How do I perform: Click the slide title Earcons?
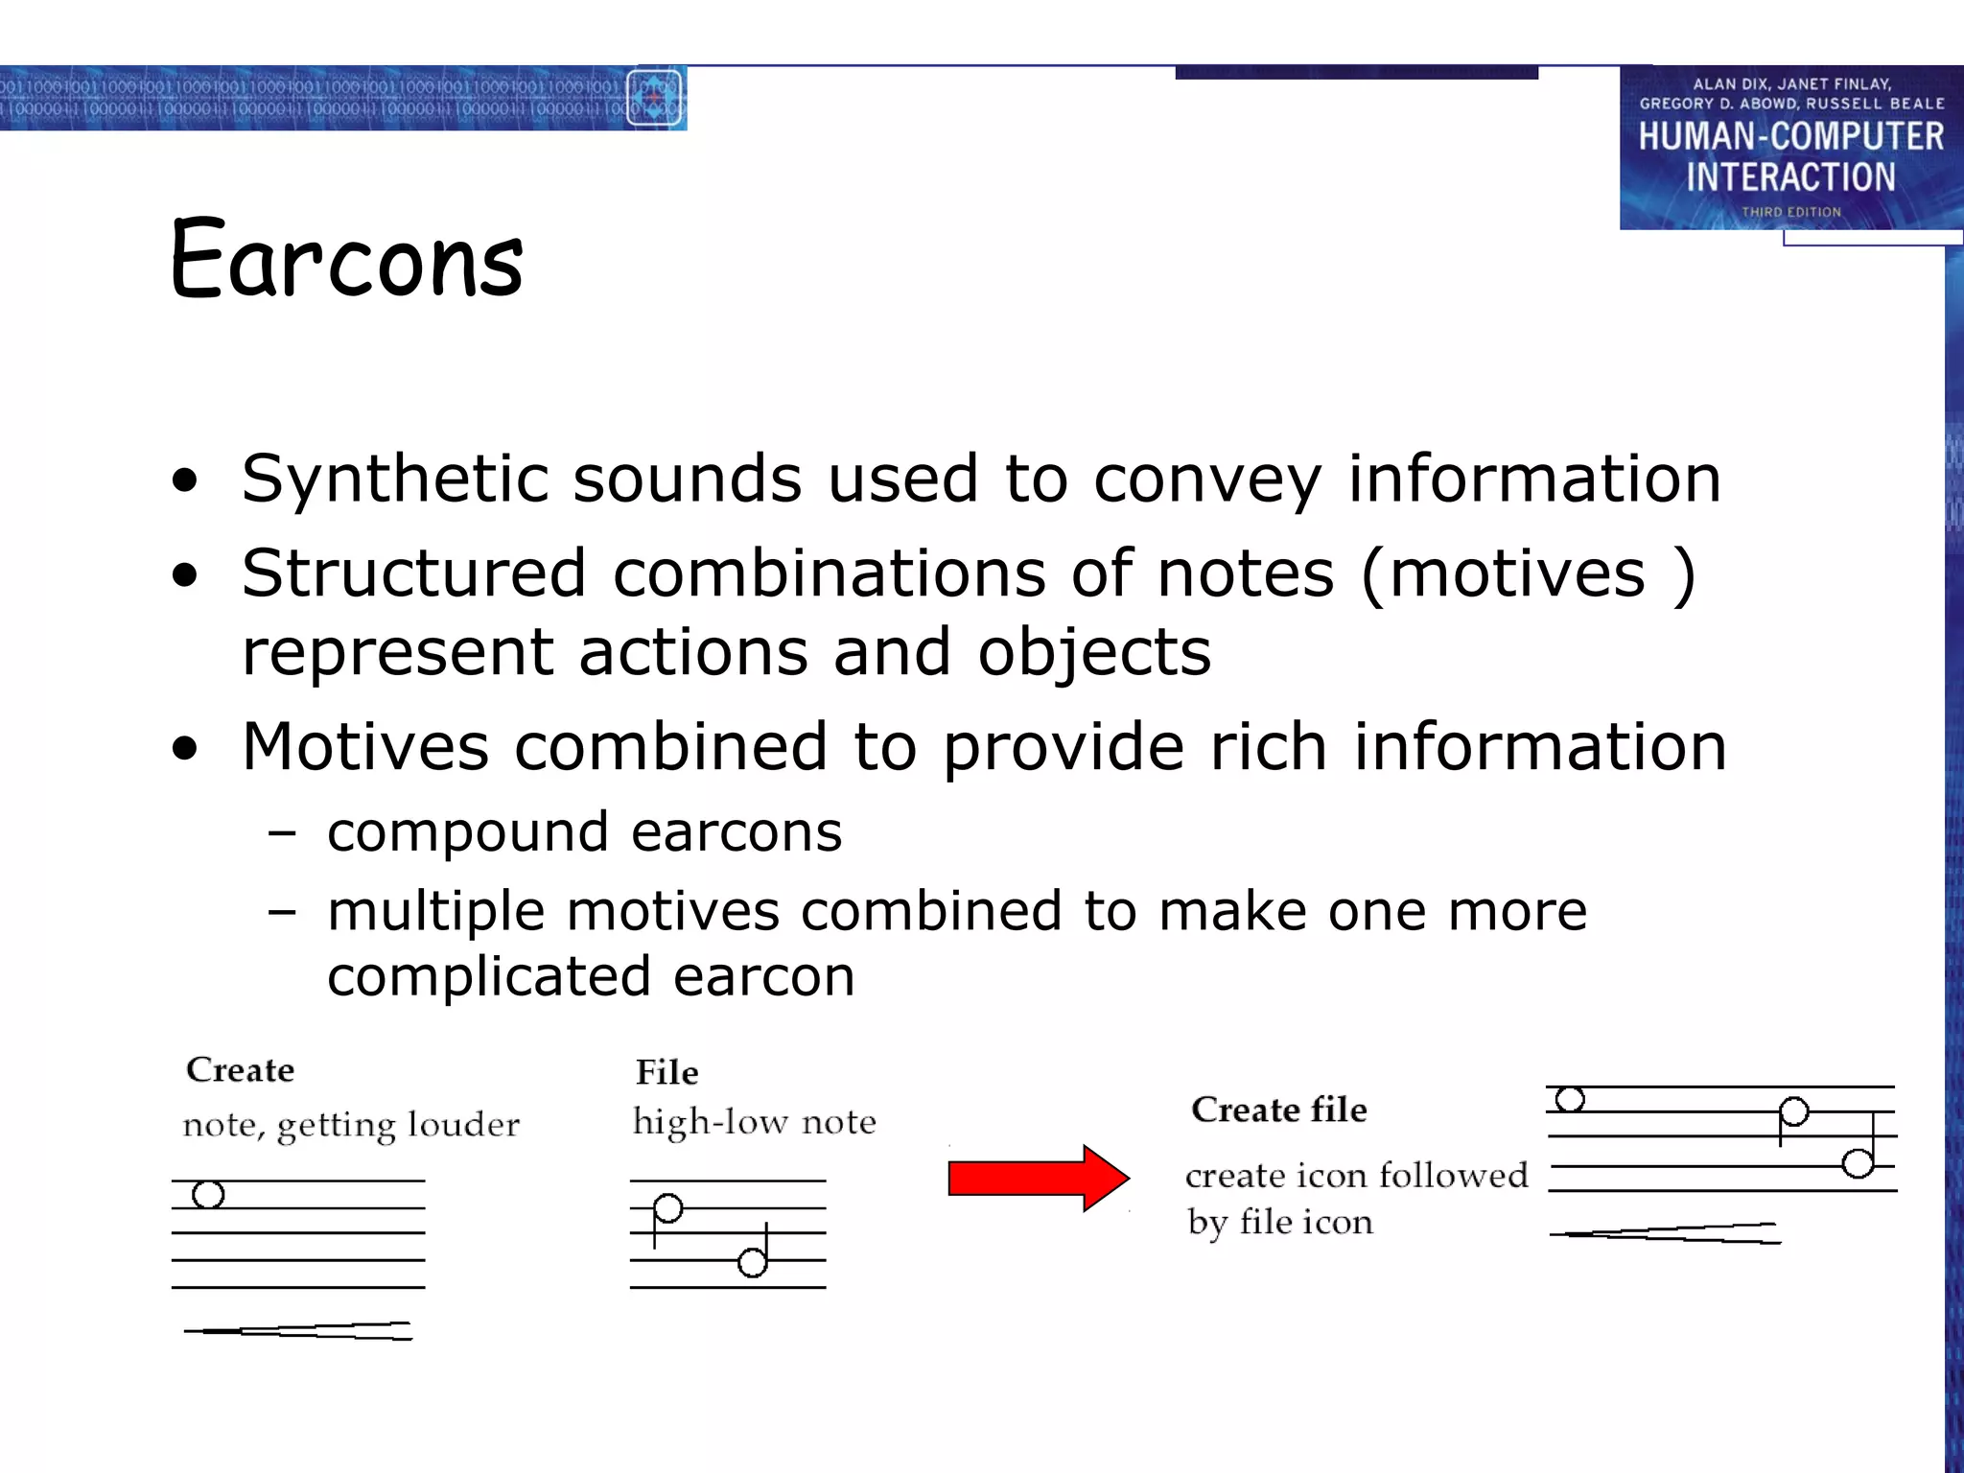347,259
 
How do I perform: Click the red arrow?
1038,1178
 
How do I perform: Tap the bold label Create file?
1278,1110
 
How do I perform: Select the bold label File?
666,1072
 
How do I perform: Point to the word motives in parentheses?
1516,573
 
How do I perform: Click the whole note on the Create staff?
208,1195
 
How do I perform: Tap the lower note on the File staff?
753,1263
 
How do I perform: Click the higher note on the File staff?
667,1208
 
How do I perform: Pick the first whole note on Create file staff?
1570,1099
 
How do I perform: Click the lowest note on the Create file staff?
1858,1163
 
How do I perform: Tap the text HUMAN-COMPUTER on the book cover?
1790,136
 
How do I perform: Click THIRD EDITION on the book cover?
1790,212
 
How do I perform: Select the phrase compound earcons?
584,832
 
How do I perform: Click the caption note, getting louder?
351,1125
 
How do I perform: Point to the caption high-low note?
754,1122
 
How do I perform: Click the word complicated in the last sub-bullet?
488,977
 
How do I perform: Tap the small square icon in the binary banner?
655,98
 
